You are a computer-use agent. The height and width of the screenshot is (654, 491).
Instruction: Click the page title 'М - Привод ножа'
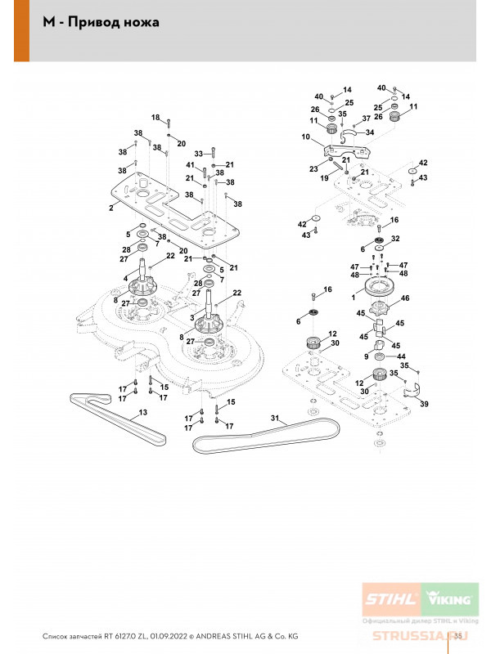tap(101, 22)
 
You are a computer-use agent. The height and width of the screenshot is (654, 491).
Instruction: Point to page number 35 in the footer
tap(458, 636)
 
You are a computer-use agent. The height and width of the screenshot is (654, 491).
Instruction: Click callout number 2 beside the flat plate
tap(110, 208)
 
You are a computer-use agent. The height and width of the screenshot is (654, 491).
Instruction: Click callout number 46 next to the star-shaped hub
tap(405, 300)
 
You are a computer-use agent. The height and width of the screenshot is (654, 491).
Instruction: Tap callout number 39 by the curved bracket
tap(423, 404)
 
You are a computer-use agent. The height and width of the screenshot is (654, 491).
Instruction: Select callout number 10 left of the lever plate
tap(305, 138)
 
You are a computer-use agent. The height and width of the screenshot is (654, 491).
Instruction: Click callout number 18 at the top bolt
tap(155, 118)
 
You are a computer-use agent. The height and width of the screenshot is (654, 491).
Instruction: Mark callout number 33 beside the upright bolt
tap(197, 154)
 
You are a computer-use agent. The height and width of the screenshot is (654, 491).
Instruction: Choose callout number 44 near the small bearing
tap(401, 356)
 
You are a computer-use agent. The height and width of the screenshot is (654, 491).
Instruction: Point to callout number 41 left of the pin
tap(190, 166)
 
